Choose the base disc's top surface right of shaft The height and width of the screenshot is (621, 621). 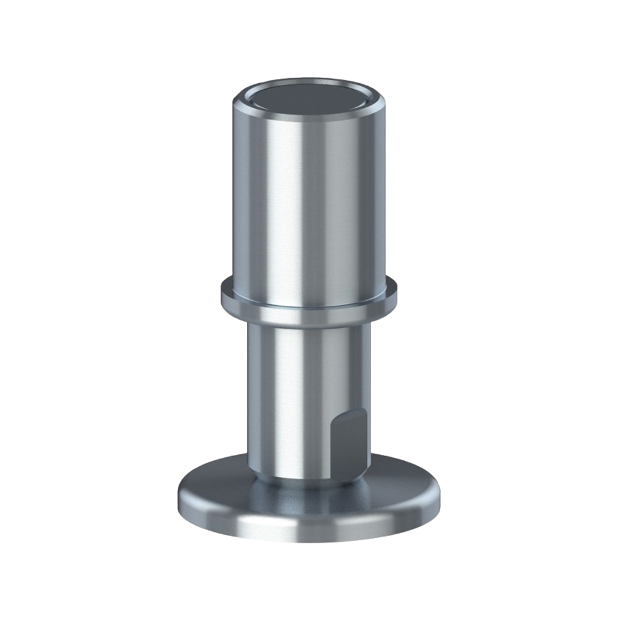click(x=403, y=485)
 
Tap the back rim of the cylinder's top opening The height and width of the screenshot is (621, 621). click(x=308, y=82)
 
